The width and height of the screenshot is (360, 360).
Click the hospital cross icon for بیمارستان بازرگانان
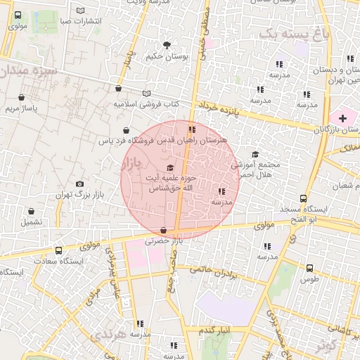[342, 117]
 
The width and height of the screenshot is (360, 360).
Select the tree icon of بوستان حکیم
[167, 44]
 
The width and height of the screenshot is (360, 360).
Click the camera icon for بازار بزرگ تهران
[79, 184]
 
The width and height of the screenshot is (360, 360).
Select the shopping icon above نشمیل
[31, 211]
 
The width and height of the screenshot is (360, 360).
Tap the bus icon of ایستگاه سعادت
[58, 250]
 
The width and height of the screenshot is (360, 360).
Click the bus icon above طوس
[309, 267]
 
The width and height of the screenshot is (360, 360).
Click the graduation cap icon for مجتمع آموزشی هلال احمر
[255, 154]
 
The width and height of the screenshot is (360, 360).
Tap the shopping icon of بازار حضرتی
[164, 230]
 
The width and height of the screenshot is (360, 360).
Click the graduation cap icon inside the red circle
[171, 167]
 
